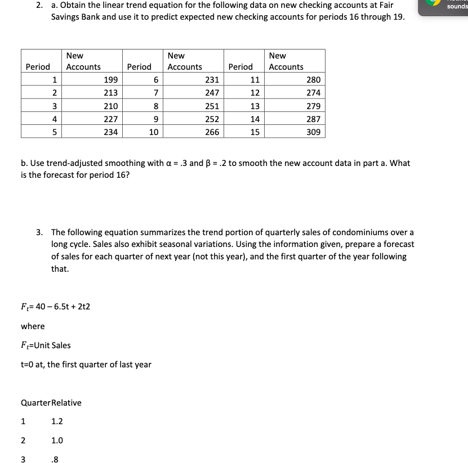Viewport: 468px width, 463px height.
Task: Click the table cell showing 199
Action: tap(110, 80)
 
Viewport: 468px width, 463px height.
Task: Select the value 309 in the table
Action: tap(313, 132)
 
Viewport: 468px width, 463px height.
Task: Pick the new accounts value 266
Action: tap(212, 132)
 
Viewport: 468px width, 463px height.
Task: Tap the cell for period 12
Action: tap(255, 93)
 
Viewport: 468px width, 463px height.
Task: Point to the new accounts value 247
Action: tap(212, 93)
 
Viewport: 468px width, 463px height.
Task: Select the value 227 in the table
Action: tap(110, 119)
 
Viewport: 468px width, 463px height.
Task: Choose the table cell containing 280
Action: tap(313, 80)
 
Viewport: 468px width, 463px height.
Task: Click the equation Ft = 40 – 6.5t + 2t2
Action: tap(55, 307)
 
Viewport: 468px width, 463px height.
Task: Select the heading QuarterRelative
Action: tap(51, 403)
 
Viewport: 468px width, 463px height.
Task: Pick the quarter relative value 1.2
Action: tap(57, 421)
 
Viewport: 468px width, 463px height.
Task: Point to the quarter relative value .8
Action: tap(55, 459)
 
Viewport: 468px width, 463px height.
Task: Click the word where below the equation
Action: tap(33, 326)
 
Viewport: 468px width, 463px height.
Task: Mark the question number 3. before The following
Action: tap(39, 232)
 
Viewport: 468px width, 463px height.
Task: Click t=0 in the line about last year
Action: tap(28, 365)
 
